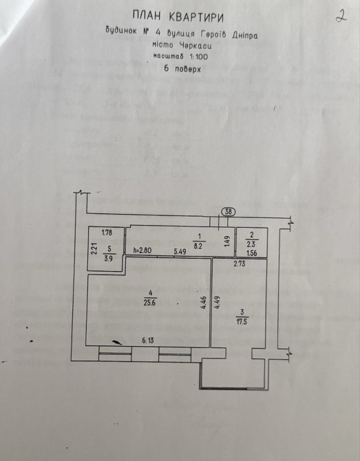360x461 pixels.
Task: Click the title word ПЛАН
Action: [x=147, y=16]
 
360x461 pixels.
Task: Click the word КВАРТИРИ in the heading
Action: [x=196, y=18]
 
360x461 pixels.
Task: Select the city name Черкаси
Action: [x=195, y=46]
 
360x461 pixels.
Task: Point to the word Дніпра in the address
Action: [x=245, y=36]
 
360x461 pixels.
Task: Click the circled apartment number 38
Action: [x=229, y=212]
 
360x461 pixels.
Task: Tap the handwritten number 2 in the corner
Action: [x=341, y=17]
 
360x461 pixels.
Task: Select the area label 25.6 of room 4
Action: [x=150, y=302]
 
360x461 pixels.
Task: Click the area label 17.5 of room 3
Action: [x=242, y=321]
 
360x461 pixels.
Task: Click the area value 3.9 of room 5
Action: [x=109, y=258]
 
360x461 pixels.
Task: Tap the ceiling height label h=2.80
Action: [x=142, y=250]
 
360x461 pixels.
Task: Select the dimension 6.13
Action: [x=148, y=341]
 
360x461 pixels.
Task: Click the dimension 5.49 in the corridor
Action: [x=180, y=252]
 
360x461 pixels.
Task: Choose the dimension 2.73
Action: [x=239, y=264]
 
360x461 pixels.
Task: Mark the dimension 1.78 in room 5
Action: [x=107, y=233]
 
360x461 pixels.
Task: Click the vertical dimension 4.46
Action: [x=204, y=303]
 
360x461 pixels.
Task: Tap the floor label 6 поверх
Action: [x=182, y=69]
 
